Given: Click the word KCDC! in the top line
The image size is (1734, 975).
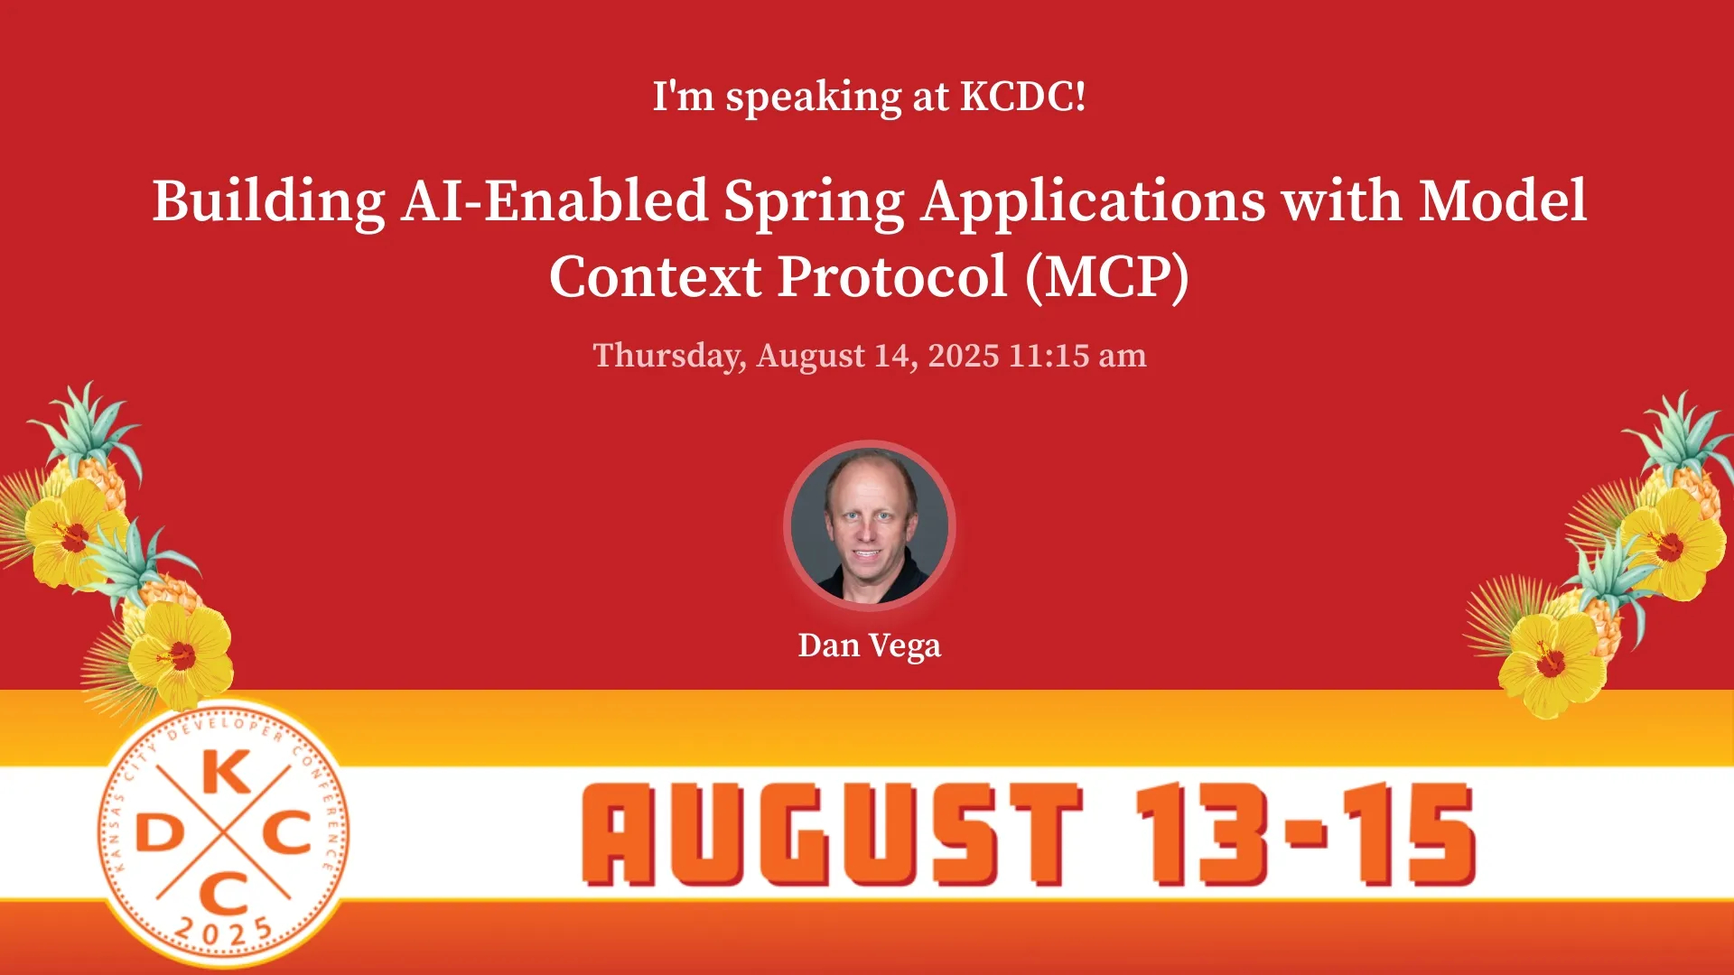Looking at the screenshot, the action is (x=1022, y=96).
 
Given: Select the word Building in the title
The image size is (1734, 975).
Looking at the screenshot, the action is (x=268, y=202).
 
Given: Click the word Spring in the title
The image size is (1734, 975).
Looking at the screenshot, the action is (x=814, y=202).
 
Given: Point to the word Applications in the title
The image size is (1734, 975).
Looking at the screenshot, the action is (x=1094, y=202).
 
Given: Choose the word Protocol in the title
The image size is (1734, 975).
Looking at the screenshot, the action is (x=892, y=276).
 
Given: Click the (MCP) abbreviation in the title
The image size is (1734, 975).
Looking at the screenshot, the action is (x=1106, y=277).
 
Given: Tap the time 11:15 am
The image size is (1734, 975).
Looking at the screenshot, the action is (x=1077, y=356).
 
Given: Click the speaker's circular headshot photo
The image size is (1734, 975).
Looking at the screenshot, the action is (x=869, y=525).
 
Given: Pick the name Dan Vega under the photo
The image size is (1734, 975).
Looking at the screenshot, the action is (x=869, y=646).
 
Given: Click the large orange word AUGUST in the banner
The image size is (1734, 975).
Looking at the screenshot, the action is (x=832, y=834).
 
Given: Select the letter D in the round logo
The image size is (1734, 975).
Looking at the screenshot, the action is (x=158, y=833).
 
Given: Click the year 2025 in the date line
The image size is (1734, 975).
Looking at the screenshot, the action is (x=964, y=356).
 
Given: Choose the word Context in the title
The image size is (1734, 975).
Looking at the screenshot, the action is (x=655, y=276).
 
